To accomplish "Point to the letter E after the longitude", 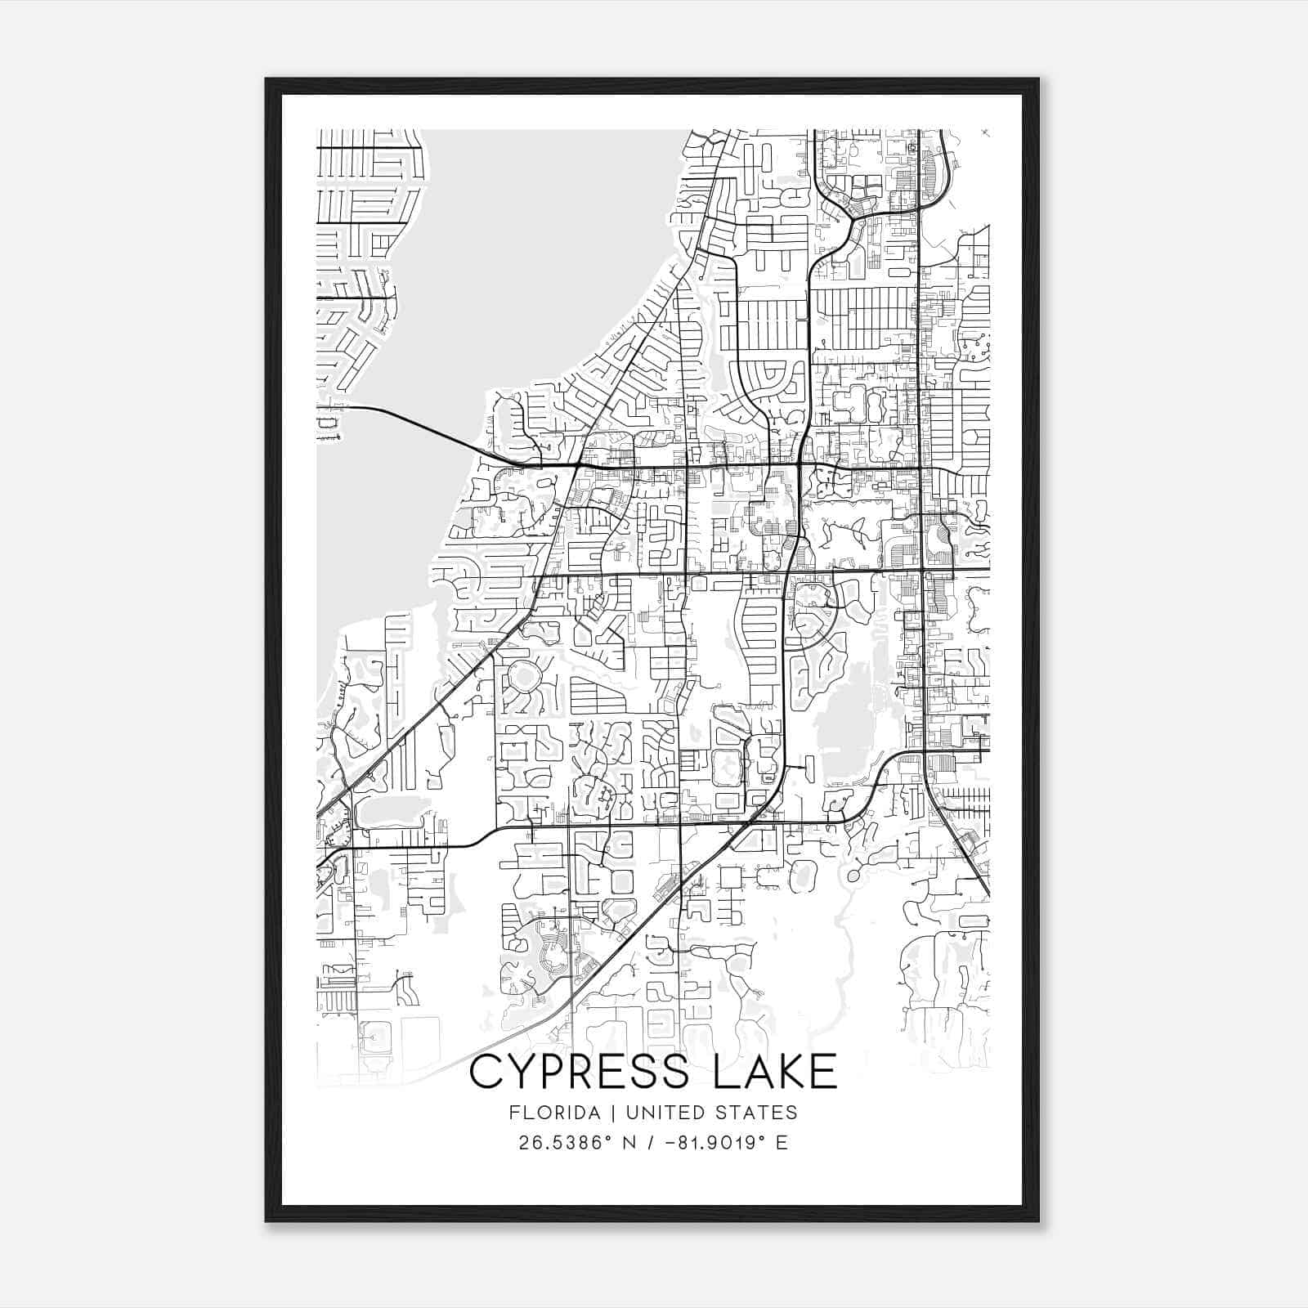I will (x=782, y=1143).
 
